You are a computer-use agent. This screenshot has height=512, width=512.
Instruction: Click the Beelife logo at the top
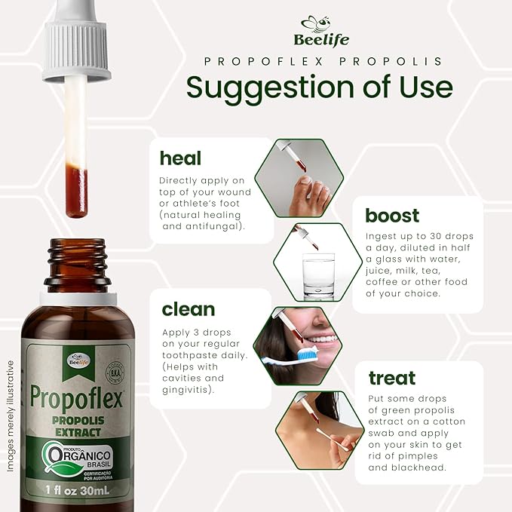324,31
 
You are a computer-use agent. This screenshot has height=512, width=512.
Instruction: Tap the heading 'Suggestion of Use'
320,87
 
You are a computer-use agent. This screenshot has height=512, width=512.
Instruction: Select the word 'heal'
180,158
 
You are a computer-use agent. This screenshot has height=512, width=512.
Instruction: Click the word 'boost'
392,215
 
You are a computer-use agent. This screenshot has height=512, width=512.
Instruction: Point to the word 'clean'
188,309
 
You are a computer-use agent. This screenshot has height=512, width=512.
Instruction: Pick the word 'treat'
392,378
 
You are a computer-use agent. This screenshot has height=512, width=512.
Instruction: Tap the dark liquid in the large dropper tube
76,192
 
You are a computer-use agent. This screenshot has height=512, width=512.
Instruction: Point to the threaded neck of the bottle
77,260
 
